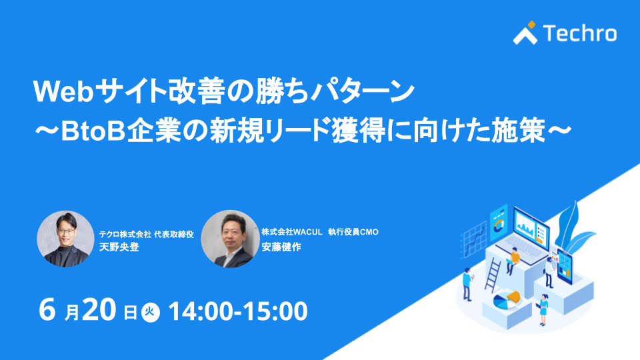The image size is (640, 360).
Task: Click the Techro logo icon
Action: pyautogui.click(x=525, y=33)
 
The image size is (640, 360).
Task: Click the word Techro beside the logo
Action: pyautogui.click(x=580, y=33)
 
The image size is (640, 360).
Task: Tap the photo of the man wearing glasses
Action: pyautogui.click(x=65, y=239)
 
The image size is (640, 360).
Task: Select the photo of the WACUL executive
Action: pyautogui.click(x=230, y=239)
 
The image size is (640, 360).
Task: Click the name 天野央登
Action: pyautogui.click(x=119, y=247)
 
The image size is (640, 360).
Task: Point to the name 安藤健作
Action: pyautogui.click(x=281, y=247)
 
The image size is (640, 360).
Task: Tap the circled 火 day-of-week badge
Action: pyautogui.click(x=151, y=312)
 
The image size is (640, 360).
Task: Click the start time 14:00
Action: pyautogui.click(x=201, y=311)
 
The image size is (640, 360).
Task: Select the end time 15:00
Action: pyautogui.click(x=275, y=311)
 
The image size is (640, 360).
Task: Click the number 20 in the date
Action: pyautogui.click(x=99, y=310)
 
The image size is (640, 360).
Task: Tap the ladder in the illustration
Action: pyautogui.click(x=493, y=274)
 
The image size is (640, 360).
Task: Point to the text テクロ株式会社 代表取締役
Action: pyautogui.click(x=146, y=234)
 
